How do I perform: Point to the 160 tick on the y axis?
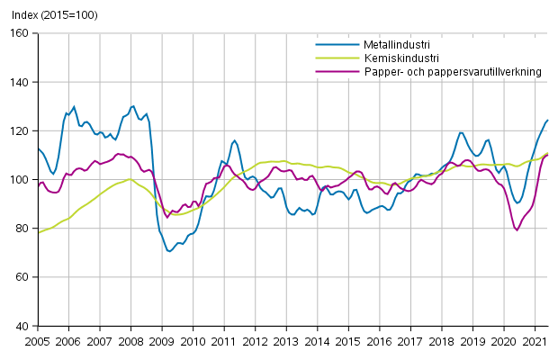tap(22, 33)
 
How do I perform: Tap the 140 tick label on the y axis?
tap(22, 82)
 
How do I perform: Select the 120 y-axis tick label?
tap(22, 130)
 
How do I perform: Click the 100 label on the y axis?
tap(22, 180)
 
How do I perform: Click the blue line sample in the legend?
tap(331, 43)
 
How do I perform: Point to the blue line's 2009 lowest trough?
tap(169, 251)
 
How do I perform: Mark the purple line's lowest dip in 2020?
tap(517, 229)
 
